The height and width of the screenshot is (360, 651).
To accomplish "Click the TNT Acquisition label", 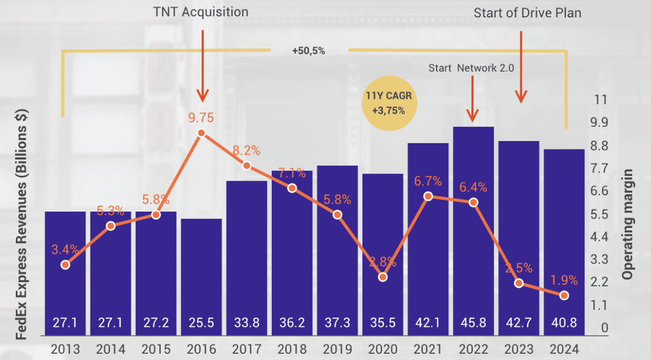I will coord(200,12).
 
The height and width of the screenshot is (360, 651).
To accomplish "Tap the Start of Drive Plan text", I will coord(527,13).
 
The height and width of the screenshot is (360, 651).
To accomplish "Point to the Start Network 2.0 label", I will coord(471,68).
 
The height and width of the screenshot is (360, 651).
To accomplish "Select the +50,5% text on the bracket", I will coord(308,51).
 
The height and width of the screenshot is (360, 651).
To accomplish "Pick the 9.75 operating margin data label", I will coord(202,117).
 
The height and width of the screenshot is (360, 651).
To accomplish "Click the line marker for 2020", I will coord(383,277).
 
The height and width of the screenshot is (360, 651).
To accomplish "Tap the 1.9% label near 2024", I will coord(565,280).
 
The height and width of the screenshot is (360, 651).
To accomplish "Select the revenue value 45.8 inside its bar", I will coord(474,322).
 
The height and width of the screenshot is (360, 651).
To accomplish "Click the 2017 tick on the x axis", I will coord(246,349).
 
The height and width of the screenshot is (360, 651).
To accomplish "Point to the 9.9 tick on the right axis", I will coord(600,123).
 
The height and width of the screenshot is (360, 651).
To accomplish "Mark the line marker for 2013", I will coord(65,265).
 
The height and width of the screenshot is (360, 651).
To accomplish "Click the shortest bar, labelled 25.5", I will coord(201,274).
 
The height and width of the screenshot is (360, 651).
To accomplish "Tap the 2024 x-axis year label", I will coord(564,349).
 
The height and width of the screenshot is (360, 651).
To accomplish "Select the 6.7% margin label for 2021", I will coord(428,182).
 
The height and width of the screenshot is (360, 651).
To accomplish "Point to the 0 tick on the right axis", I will coord(605,328).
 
